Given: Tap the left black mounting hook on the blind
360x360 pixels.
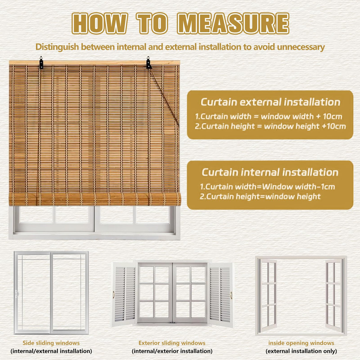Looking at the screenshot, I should click(x=41, y=62).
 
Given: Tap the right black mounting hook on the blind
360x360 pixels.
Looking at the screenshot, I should click(x=149, y=63).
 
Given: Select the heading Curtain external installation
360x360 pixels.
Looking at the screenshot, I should click(x=270, y=102).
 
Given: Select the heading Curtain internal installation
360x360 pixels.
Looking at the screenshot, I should click(x=270, y=172).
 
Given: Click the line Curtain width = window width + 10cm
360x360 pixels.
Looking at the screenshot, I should click(x=268, y=116).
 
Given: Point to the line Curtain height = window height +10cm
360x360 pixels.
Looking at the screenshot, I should click(x=270, y=126).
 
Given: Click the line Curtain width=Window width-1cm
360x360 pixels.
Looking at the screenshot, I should click(x=267, y=187).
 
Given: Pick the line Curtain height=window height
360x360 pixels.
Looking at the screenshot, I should click(x=260, y=196).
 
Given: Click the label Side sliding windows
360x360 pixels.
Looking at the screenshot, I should click(x=51, y=343).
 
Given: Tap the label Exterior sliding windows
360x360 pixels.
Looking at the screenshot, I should click(x=172, y=343).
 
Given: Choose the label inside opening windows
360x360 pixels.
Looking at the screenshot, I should click(x=301, y=343).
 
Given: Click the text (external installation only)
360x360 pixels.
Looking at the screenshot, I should click(x=301, y=351).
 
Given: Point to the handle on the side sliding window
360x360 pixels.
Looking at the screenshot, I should click(x=17, y=294).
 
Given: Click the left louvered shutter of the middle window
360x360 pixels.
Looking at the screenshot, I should click(x=125, y=294).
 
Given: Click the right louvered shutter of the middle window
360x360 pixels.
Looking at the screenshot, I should click(x=221, y=294).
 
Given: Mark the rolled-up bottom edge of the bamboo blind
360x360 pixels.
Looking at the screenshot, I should click(x=95, y=199).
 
